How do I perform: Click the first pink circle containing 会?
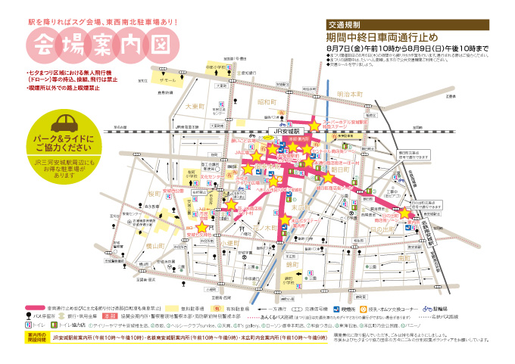[48, 44]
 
